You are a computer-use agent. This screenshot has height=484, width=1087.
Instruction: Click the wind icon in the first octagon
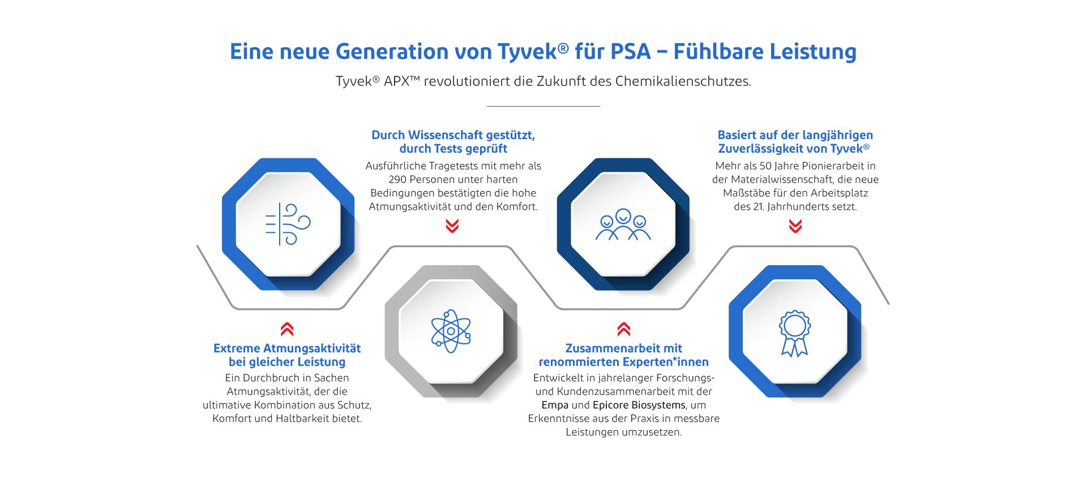(x=288, y=224)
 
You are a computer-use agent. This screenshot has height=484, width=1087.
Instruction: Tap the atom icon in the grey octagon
(x=451, y=331)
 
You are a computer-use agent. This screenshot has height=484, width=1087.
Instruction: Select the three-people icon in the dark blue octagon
(x=623, y=224)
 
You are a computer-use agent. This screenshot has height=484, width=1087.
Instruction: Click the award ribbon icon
(x=795, y=333)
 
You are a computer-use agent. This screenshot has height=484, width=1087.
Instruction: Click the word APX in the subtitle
(x=401, y=81)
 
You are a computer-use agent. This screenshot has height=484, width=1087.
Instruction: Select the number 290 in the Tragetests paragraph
(x=397, y=179)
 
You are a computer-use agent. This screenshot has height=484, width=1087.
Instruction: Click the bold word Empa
(x=555, y=405)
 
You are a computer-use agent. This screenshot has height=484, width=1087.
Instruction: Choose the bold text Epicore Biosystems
(x=639, y=405)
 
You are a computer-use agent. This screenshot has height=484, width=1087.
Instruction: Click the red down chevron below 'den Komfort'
(x=452, y=226)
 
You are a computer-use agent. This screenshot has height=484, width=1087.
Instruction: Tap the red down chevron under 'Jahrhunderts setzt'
(x=795, y=226)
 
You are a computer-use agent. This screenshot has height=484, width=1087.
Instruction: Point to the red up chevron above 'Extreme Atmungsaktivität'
(x=287, y=329)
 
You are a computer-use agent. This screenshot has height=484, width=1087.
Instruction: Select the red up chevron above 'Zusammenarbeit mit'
(x=624, y=329)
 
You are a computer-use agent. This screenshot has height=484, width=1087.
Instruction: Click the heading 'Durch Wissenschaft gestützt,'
(x=453, y=135)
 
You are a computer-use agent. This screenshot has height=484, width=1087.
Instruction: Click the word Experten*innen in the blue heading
(x=667, y=362)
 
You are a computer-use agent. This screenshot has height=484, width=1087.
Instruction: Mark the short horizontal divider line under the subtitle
(x=543, y=106)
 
